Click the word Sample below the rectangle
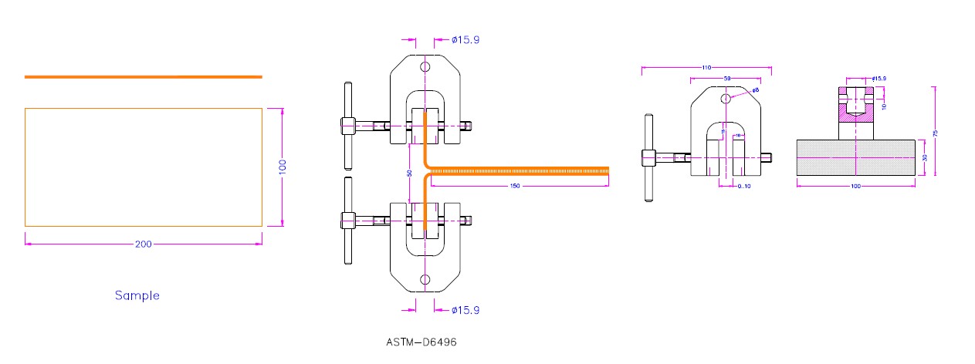pos(137,295)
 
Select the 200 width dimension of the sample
pos(143,244)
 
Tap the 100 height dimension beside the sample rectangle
pos(283,166)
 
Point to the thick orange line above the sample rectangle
pos(143,77)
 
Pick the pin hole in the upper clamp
pos(425,67)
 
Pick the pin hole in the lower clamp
pos(425,279)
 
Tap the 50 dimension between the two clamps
pos(410,174)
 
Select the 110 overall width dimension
pos(706,68)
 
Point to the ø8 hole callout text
pos(755,90)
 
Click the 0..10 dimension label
pos(744,186)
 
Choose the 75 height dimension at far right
pos(936,133)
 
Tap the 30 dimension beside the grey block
pos(924,158)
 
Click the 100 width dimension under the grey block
pos(855,186)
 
